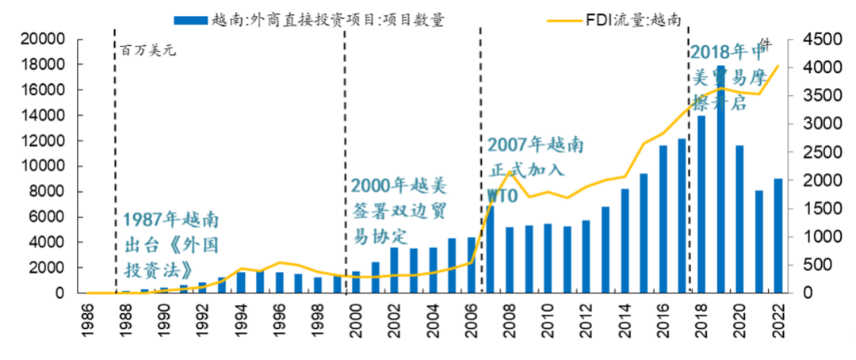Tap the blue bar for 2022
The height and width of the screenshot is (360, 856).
[778, 236]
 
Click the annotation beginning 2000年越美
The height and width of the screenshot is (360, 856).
[399, 211]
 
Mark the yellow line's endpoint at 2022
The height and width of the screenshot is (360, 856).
[778, 67]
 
